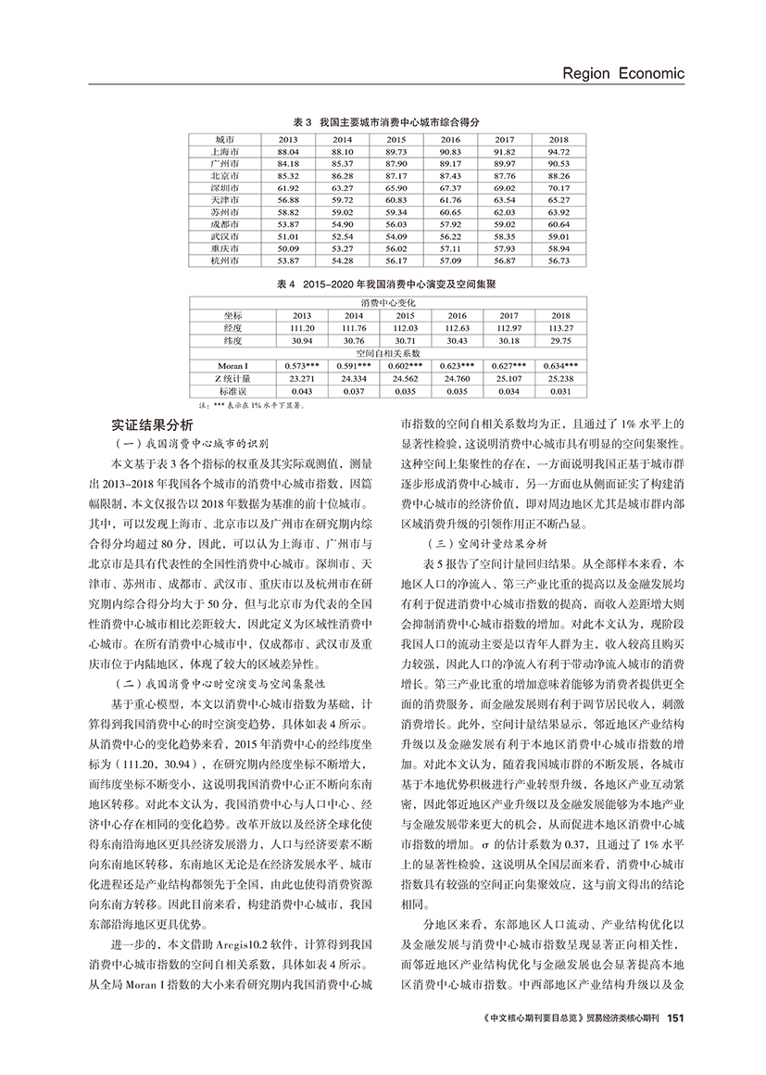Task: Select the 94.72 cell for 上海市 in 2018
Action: (x=558, y=151)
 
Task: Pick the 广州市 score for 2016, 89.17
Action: (x=450, y=163)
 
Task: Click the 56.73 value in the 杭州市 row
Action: (x=558, y=261)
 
